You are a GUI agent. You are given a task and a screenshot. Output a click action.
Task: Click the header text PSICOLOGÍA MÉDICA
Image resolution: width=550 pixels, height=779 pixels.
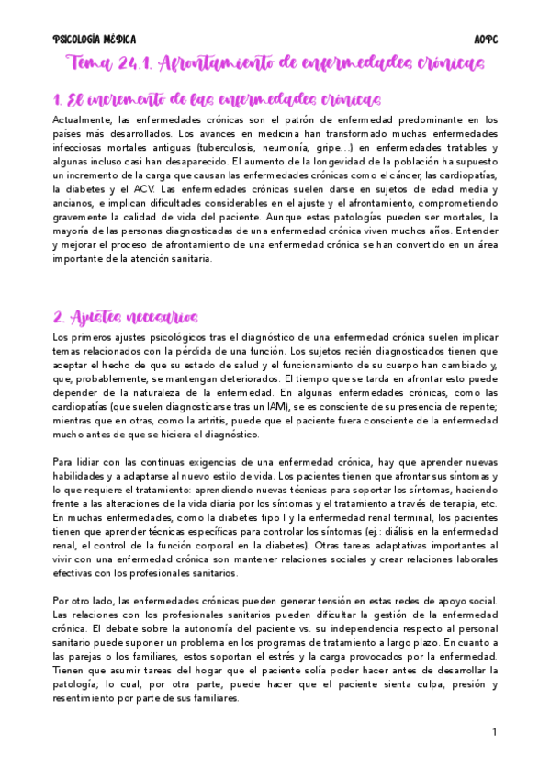tap(95, 40)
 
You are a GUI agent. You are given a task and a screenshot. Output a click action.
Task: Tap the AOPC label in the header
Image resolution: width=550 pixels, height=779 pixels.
tap(485, 40)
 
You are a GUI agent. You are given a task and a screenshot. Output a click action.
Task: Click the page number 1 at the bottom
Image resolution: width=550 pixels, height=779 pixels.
tap(494, 731)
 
